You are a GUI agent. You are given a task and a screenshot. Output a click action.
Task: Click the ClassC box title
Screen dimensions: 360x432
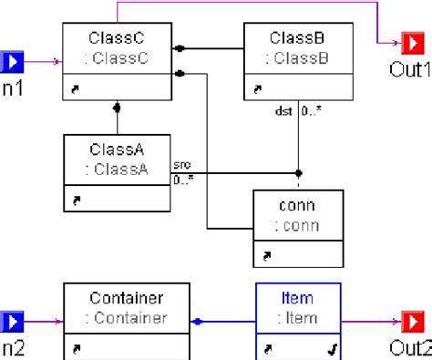[x=118, y=38]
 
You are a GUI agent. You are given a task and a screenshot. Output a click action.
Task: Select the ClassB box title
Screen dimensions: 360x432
[x=298, y=38]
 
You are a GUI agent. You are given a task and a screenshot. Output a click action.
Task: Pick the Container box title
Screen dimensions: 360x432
[x=127, y=298]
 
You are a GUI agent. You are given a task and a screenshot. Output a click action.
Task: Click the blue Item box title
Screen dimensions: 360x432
[x=296, y=298]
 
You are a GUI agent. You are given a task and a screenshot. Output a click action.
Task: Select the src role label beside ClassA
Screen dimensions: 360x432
[x=182, y=167]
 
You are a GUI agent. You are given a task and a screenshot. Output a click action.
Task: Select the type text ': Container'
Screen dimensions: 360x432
[x=127, y=318]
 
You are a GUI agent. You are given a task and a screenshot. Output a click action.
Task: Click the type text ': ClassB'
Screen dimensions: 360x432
[x=298, y=58]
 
